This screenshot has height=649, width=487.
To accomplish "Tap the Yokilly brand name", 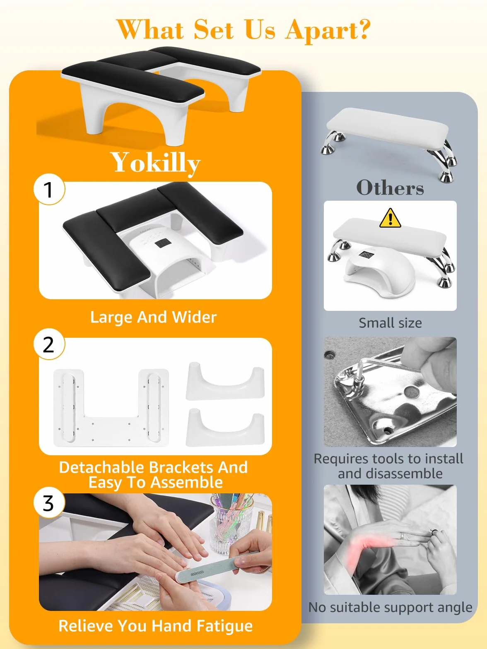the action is point(156,163).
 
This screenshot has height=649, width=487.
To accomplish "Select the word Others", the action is point(390,187).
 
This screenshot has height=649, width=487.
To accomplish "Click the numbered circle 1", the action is point(49,189).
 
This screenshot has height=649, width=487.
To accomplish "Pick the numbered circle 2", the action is point(49,344).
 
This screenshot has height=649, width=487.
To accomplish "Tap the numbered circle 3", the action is point(49,502).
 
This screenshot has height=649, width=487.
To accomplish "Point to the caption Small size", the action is point(391,323).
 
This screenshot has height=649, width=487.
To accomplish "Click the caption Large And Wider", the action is point(154,317).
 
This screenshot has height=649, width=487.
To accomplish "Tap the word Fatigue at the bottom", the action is point(224,626).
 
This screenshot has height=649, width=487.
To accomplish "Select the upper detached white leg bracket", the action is point(225,382).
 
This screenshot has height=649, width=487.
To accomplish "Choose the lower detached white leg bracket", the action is point(225,428).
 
